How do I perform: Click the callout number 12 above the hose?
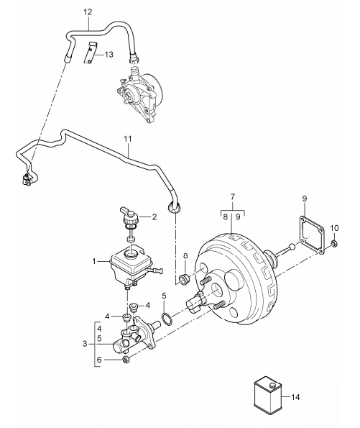tap(88, 12)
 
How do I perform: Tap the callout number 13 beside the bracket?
tap(109, 55)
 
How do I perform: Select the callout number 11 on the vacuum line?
tap(128, 139)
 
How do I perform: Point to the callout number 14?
tap(295, 397)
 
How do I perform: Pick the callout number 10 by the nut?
tap(334, 227)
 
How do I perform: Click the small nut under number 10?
tap(333, 243)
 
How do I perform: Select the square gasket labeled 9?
tap(312, 235)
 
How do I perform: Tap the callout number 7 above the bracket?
tap(232, 196)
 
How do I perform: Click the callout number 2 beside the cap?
tap(154, 217)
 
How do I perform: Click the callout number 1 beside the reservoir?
tap(94, 262)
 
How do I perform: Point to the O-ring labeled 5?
tap(167, 319)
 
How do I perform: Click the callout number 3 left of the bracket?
tap(85, 344)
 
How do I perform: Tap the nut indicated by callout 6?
tap(126, 360)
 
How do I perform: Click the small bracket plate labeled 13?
tap(91, 53)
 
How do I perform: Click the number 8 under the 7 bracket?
tap(225, 217)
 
